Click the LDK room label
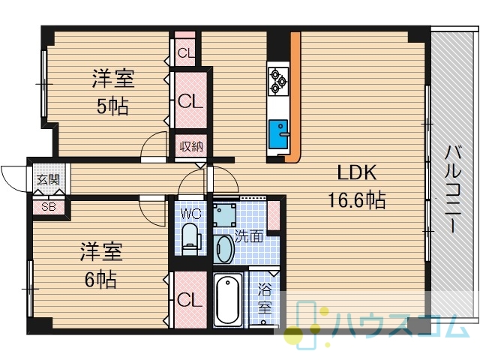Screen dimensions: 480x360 [357, 172]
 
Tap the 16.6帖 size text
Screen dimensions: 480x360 [357, 200]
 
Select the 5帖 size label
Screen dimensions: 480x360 [112, 106]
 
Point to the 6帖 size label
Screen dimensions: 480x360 [100, 279]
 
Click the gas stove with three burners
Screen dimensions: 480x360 [278, 81]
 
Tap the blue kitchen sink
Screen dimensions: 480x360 [278, 134]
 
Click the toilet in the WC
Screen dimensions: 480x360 [190, 238]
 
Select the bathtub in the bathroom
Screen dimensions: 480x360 [228, 301]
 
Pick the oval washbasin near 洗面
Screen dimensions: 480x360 [223, 248]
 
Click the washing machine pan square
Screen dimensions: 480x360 [224, 215]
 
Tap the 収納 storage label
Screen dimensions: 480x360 [191, 147]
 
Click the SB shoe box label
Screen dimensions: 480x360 [49, 207]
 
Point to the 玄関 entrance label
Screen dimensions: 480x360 [48, 179]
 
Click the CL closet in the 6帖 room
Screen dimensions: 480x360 [190, 300]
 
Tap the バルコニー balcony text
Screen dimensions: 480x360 [453, 189]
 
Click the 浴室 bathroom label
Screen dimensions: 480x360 [265, 298]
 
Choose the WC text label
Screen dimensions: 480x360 [190, 213]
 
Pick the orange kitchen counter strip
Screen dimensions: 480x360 [295, 97]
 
